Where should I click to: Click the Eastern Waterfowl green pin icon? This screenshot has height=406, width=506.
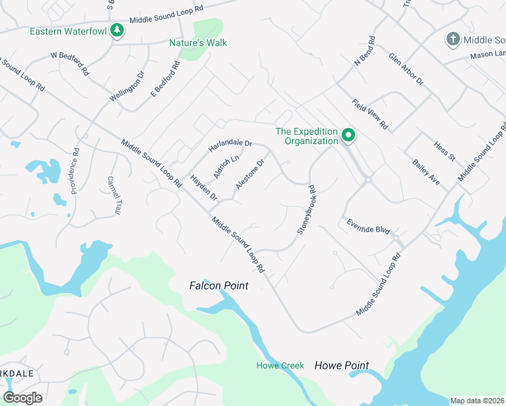click(117, 31)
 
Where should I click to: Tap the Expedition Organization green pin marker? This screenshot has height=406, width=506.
click(348, 135)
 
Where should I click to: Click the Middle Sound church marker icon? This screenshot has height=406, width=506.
click(453, 39)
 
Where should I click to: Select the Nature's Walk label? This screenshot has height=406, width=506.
click(198, 43)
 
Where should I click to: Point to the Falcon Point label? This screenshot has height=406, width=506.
click(218, 286)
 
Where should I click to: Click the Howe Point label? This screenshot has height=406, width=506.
click(342, 366)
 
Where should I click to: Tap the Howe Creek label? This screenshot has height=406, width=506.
click(280, 366)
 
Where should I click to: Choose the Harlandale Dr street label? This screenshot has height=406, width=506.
click(230, 144)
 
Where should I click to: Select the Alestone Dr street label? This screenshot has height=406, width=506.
click(249, 175)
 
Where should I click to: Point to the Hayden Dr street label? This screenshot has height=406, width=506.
click(203, 188)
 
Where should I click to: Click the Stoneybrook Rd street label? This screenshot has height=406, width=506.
click(306, 210)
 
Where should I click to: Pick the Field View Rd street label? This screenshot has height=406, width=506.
click(369, 114)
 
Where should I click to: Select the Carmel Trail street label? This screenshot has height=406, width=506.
click(113, 196)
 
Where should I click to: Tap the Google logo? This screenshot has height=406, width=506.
click(22, 398)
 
